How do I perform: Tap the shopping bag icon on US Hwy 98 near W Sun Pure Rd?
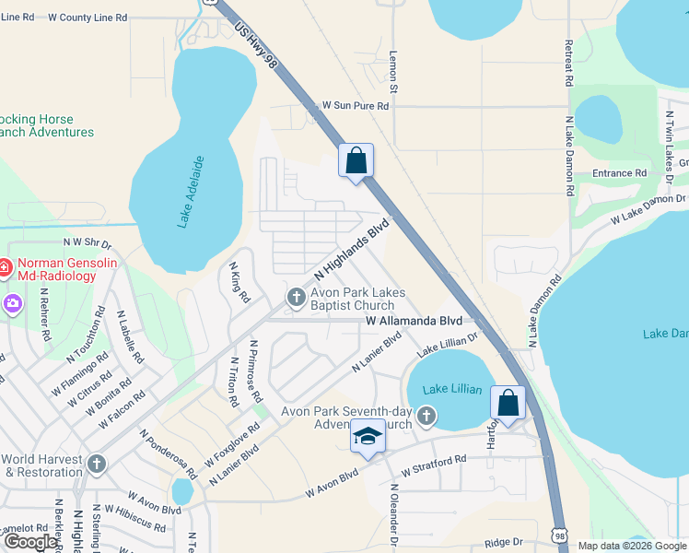(x=356, y=160)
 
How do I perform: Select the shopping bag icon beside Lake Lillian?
(x=508, y=402)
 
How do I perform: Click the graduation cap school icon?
(x=368, y=436)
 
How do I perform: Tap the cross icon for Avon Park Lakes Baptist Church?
(x=296, y=297)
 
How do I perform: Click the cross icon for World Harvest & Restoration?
(x=99, y=465)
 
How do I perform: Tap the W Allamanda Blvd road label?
(x=412, y=321)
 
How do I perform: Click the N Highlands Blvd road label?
(x=352, y=250)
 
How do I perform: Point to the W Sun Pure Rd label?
(x=355, y=106)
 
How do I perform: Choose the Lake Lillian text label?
(x=452, y=389)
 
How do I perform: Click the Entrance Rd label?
(x=619, y=173)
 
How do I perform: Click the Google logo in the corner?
(x=29, y=542)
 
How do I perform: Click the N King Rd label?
(x=239, y=282)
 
